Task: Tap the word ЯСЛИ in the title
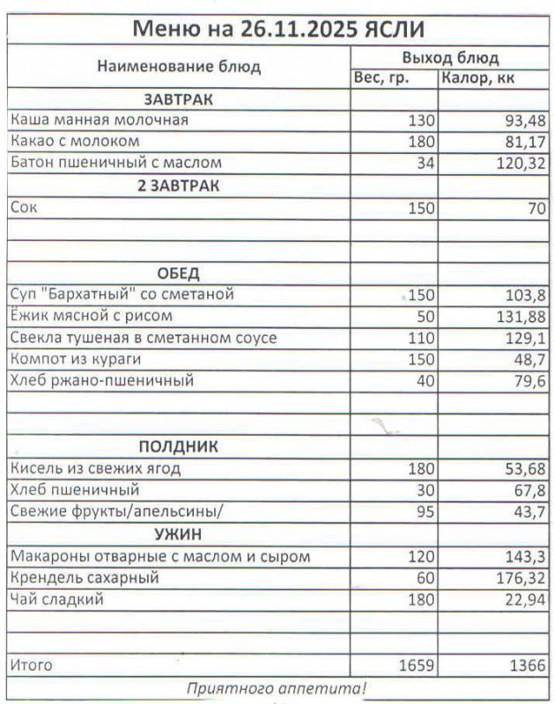394,29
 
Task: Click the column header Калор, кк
479,78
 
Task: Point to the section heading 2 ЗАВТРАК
178,186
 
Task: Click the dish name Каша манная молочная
99,120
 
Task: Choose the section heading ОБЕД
178,272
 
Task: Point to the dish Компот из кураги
75,359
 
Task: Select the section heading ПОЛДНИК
178,446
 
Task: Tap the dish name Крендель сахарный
84,578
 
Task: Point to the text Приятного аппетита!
277,687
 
